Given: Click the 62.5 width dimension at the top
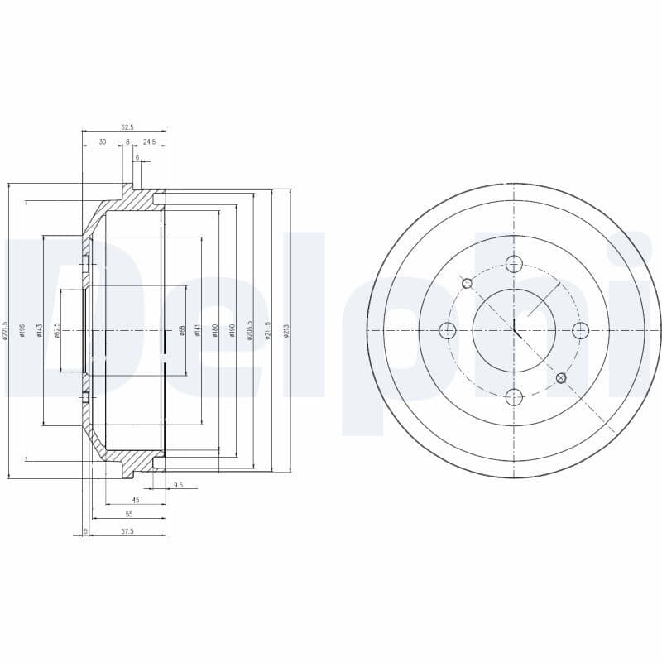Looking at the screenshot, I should click(127, 127).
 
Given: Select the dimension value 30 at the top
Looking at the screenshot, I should click(102, 142).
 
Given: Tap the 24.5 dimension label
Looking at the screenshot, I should click(149, 142).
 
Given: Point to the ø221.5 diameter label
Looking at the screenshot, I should click(6, 331).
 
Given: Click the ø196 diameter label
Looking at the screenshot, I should click(22, 331).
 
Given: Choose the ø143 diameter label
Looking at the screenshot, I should click(39, 331).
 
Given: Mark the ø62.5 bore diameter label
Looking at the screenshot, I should click(57, 331).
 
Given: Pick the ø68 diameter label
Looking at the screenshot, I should click(181, 331).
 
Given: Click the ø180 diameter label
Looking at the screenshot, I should click(215, 331).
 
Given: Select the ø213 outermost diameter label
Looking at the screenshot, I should click(287, 331).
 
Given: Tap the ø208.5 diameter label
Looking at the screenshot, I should click(249, 331).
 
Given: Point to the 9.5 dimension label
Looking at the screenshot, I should click(179, 485).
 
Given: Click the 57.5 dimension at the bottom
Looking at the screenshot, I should click(127, 531).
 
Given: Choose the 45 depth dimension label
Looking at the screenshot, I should click(136, 500).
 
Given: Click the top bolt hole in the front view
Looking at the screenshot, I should click(514, 264).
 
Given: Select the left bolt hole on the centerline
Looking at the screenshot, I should click(448, 331).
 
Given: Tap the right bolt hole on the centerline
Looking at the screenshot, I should click(580, 330).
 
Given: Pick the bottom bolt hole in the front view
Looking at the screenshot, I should click(514, 397).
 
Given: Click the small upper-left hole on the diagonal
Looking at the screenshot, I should click(468, 283).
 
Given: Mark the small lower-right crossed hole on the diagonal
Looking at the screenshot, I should click(561, 378).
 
